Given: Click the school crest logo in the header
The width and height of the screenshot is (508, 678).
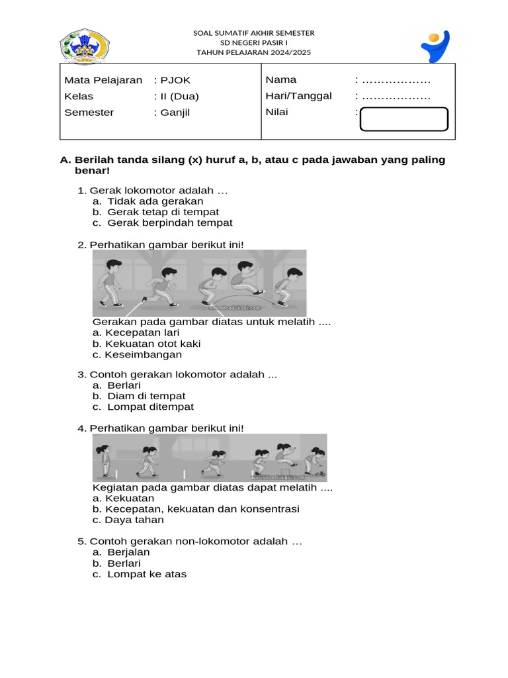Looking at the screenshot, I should pyautogui.click(x=85, y=46).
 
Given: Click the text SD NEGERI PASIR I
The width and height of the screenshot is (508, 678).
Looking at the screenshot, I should pyautogui.click(x=253, y=42).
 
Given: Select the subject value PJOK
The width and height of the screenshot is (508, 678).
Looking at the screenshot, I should pyautogui.click(x=175, y=80).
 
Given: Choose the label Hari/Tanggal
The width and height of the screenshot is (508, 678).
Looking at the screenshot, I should pyautogui.click(x=298, y=96).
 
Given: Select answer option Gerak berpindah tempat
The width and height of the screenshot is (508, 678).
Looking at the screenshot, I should pyautogui.click(x=169, y=223).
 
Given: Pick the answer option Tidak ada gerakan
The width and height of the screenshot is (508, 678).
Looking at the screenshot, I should pyautogui.click(x=155, y=201).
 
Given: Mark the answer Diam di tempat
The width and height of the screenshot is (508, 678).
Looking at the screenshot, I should pyautogui.click(x=146, y=397).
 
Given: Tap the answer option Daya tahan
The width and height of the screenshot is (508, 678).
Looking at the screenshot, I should pyautogui.click(x=134, y=520).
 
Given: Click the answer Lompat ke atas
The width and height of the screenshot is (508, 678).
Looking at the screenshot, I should pyautogui.click(x=147, y=575).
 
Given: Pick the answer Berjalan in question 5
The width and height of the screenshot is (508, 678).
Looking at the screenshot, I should pyautogui.click(x=128, y=552).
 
